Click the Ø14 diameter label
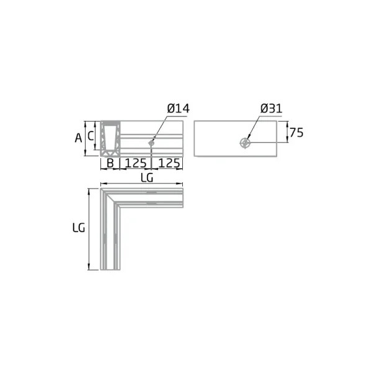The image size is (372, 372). point(178,108)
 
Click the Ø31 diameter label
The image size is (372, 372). point(271,108)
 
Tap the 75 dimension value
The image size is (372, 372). point(296,133)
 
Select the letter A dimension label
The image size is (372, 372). point(79,138)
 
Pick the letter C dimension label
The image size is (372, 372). point(91,136)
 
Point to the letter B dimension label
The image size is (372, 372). point(110,163)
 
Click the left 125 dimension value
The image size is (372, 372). point(136,163)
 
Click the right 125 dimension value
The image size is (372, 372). point(169,163)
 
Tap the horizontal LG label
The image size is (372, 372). point(147,177)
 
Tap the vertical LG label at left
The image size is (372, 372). point(79,228)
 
